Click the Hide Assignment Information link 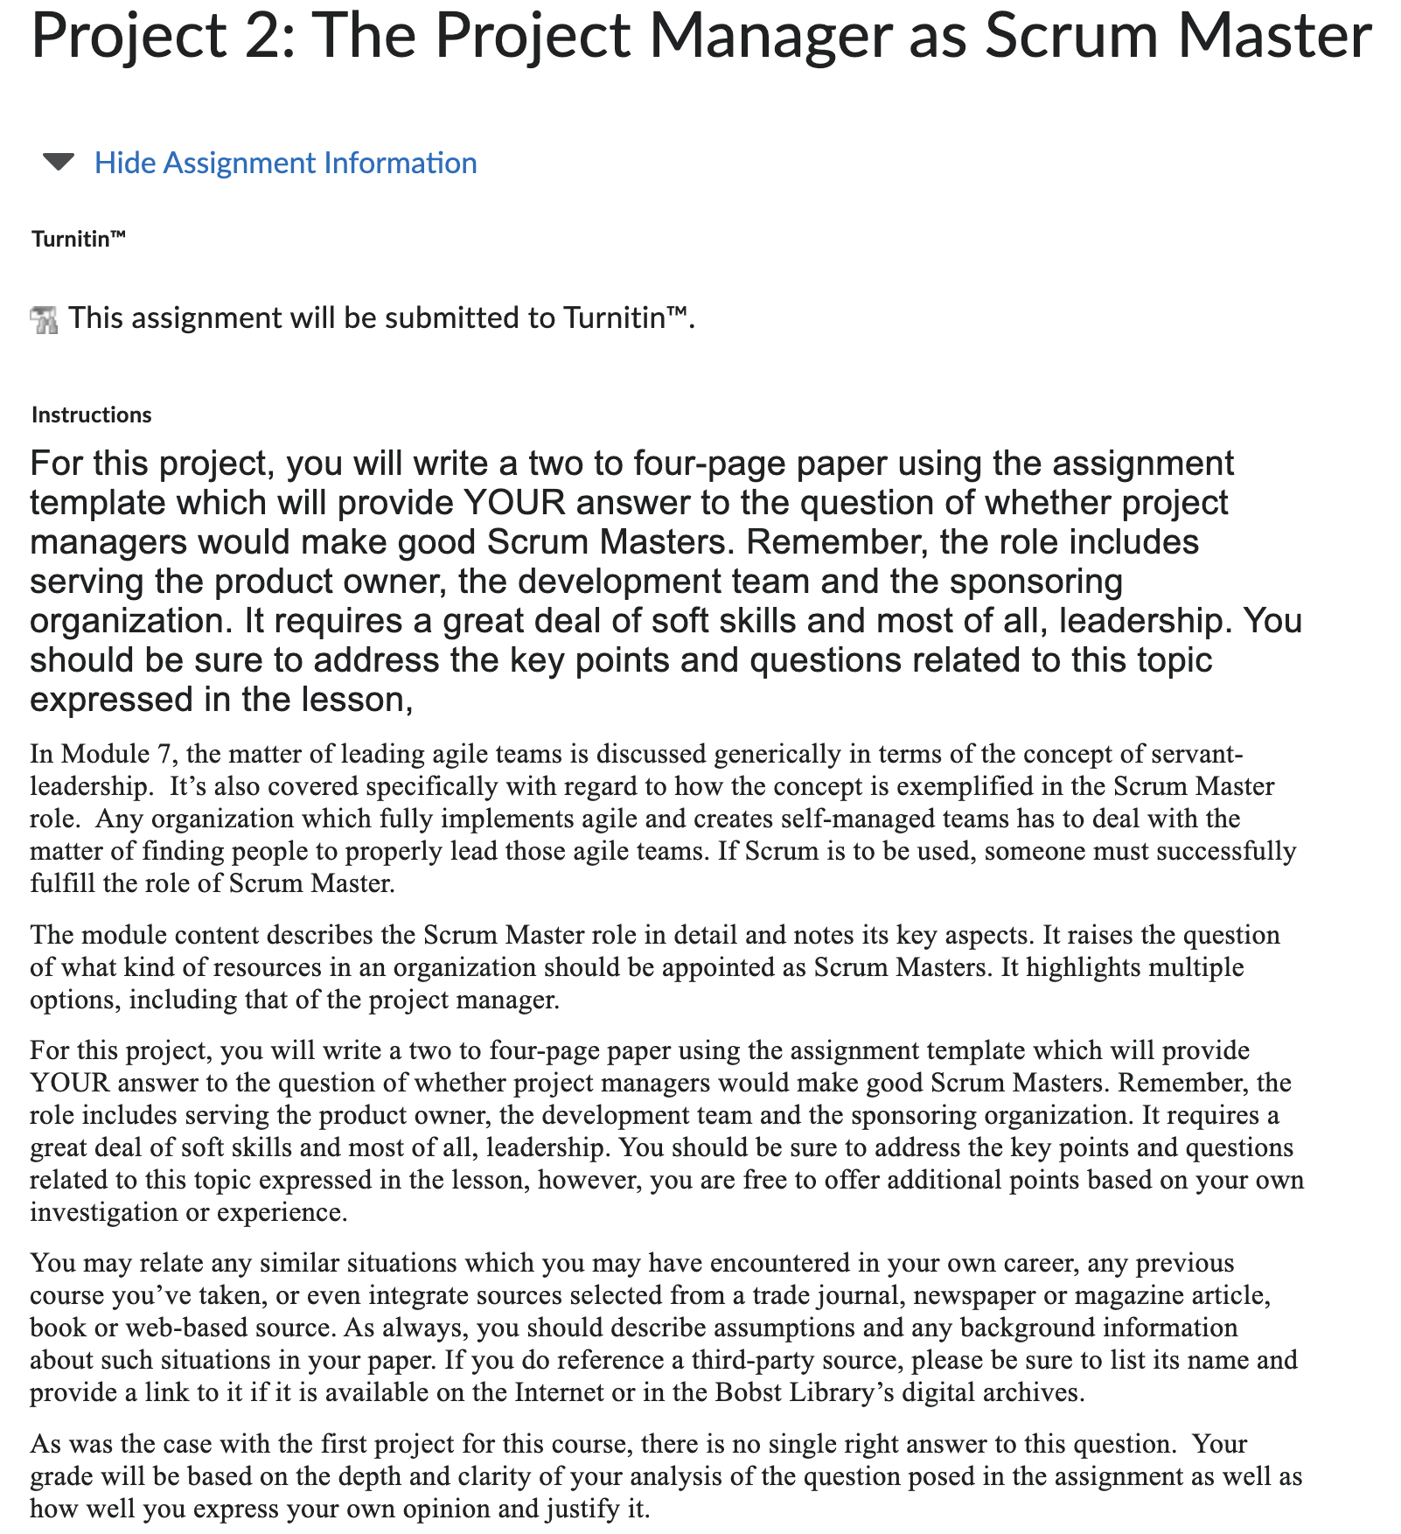pyautogui.click(x=285, y=163)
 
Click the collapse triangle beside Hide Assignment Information pyautogui.click(x=59, y=163)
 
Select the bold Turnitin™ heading pyautogui.click(x=79, y=239)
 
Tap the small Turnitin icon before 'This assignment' pyautogui.click(x=44, y=319)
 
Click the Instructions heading pyautogui.click(x=91, y=415)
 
